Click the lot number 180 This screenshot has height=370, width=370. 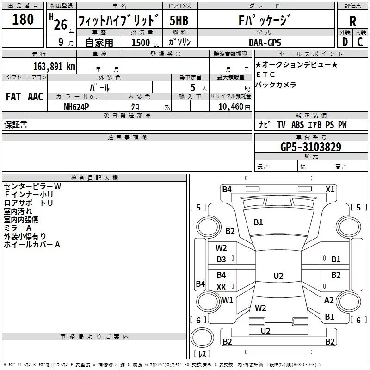tap(23, 19)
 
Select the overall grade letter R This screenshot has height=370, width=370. tap(352, 21)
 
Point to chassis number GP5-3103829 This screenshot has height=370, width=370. tap(311, 147)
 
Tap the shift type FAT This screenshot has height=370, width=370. tap(13, 97)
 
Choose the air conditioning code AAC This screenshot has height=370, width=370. tap(35, 97)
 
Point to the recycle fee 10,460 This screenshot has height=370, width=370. tap(230, 106)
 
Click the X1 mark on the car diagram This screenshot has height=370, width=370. tap(330, 189)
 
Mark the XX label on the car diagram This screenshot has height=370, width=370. tap(222, 287)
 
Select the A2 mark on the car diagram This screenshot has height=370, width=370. tap(329, 300)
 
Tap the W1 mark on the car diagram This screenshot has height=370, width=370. tap(228, 300)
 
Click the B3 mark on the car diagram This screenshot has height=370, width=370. tap(222, 259)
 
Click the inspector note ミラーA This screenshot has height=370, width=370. tap(18, 228)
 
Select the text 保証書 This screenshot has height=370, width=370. tap(16, 125)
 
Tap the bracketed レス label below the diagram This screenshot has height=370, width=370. tap(202, 354)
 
